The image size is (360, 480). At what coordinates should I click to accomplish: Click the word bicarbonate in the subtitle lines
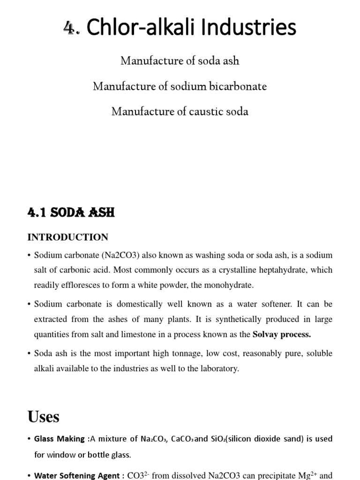click(238, 87)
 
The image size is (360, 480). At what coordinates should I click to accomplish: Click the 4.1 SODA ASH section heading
click(71, 213)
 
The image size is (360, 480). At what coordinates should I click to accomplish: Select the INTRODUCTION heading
click(67, 237)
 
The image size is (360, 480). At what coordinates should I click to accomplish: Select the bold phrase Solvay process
click(282, 334)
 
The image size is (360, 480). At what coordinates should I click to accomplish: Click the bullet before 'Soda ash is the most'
click(29, 353)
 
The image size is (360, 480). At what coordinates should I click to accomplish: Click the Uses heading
click(44, 416)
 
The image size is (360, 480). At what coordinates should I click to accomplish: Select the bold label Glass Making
click(60, 439)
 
